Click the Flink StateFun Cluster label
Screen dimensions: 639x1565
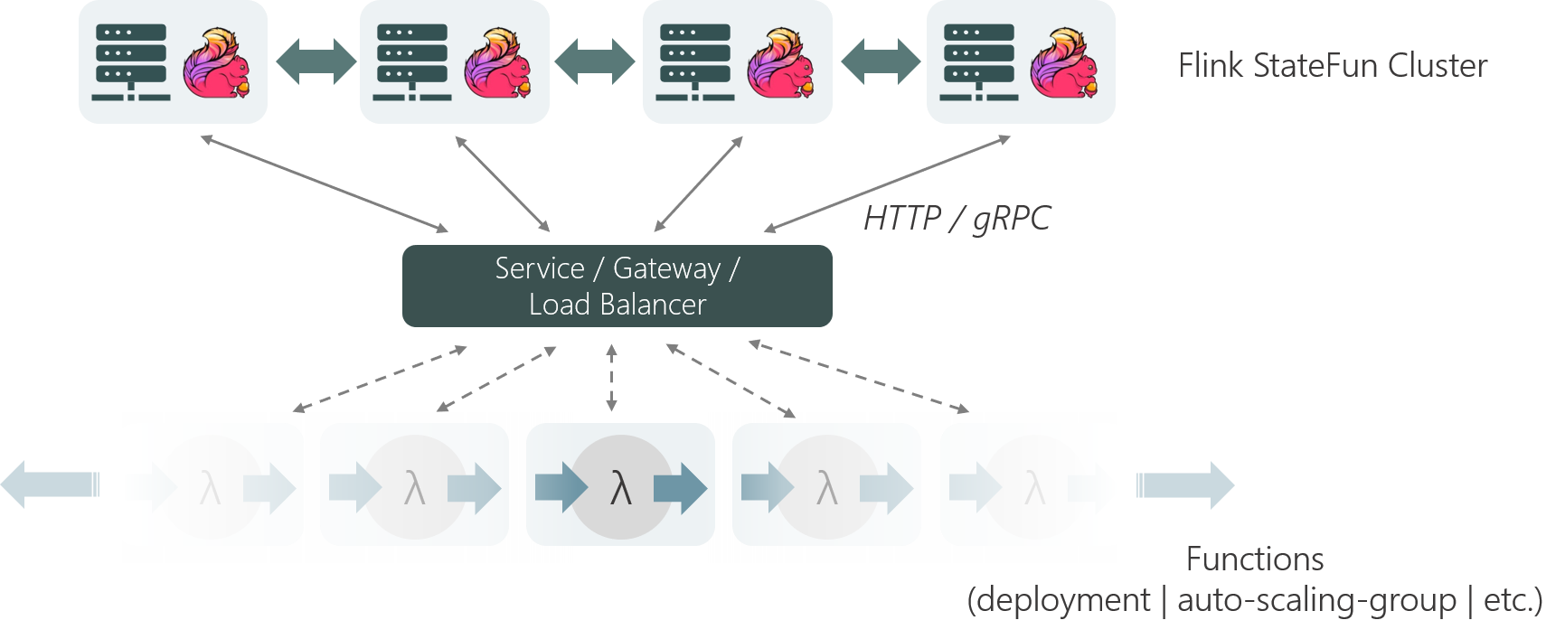[1333, 66]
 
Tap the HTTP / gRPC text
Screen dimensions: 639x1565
[957, 219]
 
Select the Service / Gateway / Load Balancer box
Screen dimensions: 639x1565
[617, 286]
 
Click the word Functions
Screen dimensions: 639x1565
[1254, 559]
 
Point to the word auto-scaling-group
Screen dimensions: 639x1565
[1316, 600]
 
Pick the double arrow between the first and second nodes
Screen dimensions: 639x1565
[315, 61]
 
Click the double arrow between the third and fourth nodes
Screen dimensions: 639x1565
[880, 61]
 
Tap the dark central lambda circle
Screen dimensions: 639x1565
[620, 489]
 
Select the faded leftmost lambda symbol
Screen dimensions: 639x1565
[210, 490]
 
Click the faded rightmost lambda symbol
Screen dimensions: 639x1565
[1034, 490]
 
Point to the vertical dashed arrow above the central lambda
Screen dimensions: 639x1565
[612, 378]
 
